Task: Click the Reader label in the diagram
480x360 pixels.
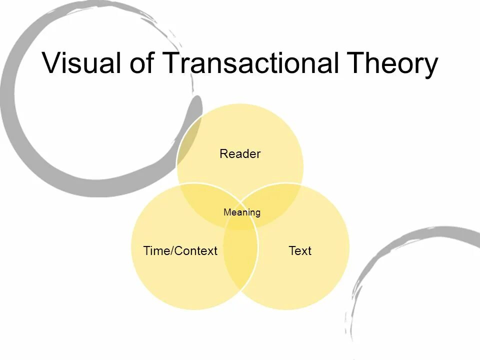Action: [x=240, y=154]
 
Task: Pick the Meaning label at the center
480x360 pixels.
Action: [x=242, y=212]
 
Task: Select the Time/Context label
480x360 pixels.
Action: [x=180, y=250]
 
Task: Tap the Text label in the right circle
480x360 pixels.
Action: [x=300, y=250]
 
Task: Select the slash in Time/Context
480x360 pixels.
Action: [x=171, y=250]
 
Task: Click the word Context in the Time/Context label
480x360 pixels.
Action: [x=195, y=250]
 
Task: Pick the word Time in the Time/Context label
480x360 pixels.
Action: [x=156, y=250]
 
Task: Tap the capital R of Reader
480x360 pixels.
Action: [x=223, y=154]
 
